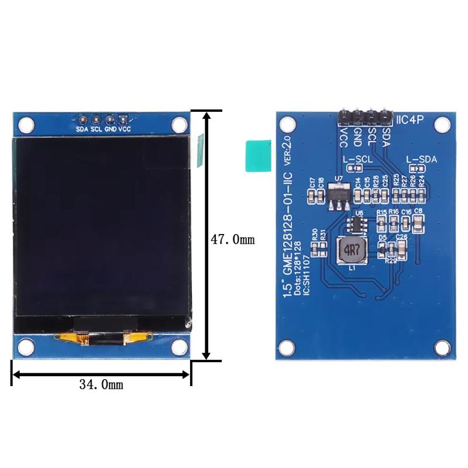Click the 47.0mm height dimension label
click(x=232, y=240)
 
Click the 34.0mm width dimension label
click(x=101, y=384)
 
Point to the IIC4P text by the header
click(x=413, y=120)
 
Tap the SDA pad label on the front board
click(x=82, y=129)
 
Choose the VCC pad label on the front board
click(x=125, y=129)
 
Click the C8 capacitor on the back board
click(x=418, y=221)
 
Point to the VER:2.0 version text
click(x=287, y=154)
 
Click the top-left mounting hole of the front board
click(x=25, y=124)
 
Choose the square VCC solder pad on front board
click(x=123, y=119)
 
